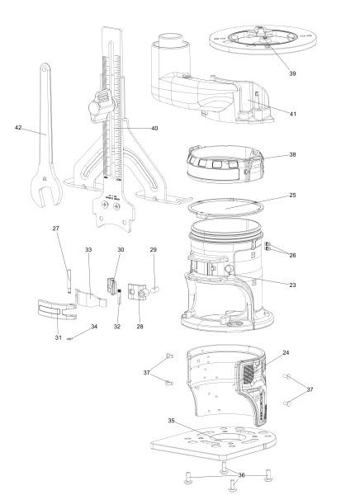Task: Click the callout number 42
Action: pos(18,128)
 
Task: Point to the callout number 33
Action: pos(89,248)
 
